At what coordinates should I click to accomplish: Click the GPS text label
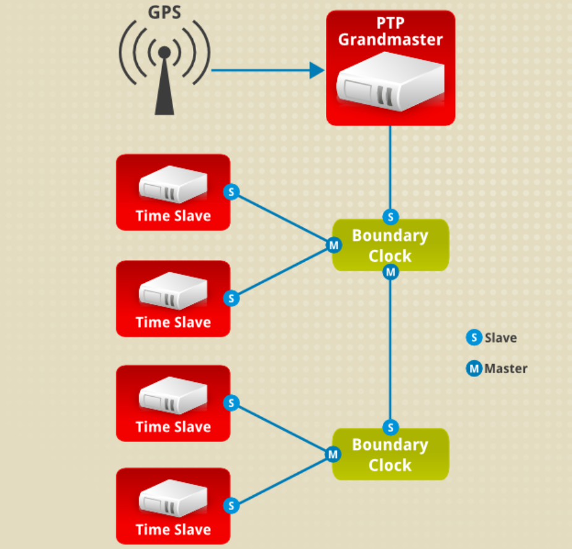pyautogui.click(x=164, y=12)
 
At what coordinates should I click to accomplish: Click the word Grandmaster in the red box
pyautogui.click(x=390, y=40)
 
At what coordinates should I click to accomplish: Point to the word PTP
pyautogui.click(x=390, y=24)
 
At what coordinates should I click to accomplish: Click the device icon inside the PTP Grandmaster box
pyautogui.click(x=390, y=82)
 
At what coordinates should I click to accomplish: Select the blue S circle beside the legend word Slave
pyautogui.click(x=474, y=338)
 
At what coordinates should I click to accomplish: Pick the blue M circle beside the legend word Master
pyautogui.click(x=474, y=369)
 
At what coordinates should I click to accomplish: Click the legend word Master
pyautogui.click(x=506, y=369)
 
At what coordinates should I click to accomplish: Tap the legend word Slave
pyautogui.click(x=501, y=338)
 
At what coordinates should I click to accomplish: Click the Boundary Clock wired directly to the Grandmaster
pyautogui.click(x=390, y=245)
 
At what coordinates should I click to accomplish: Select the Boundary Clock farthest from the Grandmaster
pyautogui.click(x=390, y=455)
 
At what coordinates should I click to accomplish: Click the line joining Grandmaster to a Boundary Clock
pyautogui.click(x=390, y=167)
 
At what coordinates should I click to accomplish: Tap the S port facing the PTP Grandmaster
pyautogui.click(x=390, y=217)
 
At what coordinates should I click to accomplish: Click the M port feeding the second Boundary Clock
pyautogui.click(x=390, y=272)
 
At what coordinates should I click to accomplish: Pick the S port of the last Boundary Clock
pyautogui.click(x=390, y=427)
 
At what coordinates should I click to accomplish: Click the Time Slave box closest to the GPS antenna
pyautogui.click(x=173, y=192)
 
